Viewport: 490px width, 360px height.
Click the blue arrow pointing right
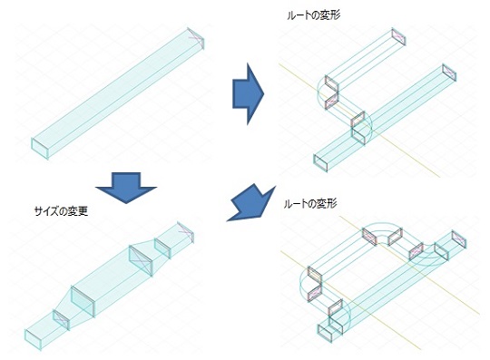tap(248, 94)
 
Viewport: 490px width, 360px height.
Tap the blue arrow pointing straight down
tap(126, 188)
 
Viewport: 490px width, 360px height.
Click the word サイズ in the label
tap(46, 211)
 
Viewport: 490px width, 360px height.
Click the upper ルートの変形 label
tap(313, 15)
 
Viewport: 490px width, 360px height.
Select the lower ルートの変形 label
tap(310, 204)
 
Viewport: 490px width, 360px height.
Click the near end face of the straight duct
tap(40, 149)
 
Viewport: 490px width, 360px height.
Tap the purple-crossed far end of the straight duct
tap(196, 38)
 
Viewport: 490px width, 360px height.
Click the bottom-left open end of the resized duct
tap(34, 339)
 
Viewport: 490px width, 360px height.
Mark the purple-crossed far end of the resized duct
tap(186, 232)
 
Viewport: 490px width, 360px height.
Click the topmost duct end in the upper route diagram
tap(398, 36)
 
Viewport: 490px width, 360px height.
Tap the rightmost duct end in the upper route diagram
tap(449, 73)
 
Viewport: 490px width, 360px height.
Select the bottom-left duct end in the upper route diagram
tap(320, 163)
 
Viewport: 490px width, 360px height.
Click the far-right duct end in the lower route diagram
tap(459, 239)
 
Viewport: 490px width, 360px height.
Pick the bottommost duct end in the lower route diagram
tap(326, 334)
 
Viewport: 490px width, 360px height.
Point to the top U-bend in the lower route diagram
tap(382, 227)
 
